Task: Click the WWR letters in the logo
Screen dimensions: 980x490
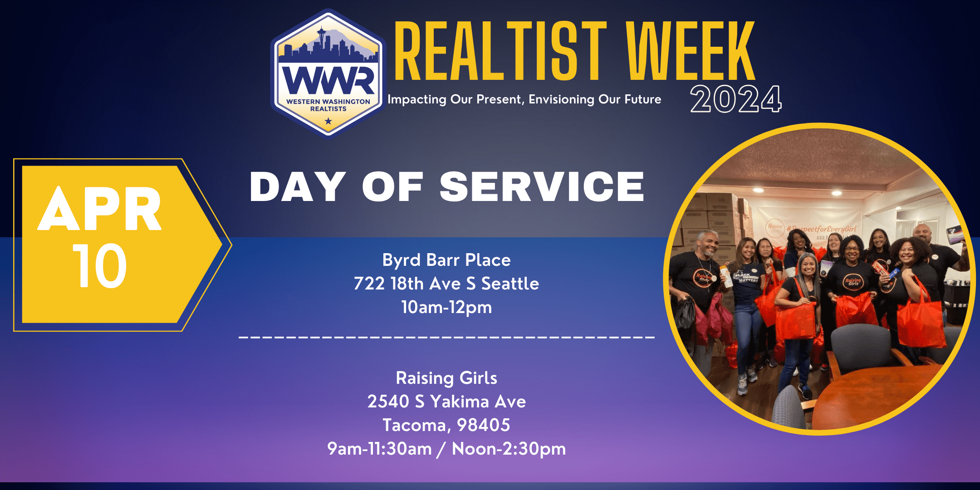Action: (328, 80)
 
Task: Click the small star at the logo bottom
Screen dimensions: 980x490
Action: (328, 121)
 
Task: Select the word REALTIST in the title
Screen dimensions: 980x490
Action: (501, 51)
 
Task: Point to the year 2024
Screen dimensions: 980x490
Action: (736, 99)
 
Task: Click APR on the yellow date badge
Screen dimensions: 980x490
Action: (100, 209)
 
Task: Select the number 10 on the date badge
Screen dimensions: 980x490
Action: (99, 266)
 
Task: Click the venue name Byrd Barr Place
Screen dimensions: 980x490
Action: (446, 260)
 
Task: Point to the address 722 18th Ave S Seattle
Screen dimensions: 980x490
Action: (446, 284)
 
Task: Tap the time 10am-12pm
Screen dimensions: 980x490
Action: (446, 308)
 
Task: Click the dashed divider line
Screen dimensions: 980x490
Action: (446, 337)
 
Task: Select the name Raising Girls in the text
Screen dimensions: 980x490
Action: (446, 378)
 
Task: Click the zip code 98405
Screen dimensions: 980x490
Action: (484, 425)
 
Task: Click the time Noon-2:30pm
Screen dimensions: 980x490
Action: (509, 449)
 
